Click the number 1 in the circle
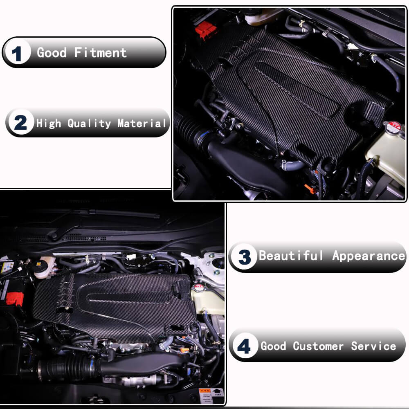tap(17, 53)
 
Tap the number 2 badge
tap(20, 123)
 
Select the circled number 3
tap(244, 257)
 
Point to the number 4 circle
tap(244, 346)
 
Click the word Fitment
tap(101, 53)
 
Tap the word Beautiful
tap(291, 256)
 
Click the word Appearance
tap(368, 256)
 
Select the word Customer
tap(318, 346)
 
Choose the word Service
tap(373, 346)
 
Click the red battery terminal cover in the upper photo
tap(205, 29)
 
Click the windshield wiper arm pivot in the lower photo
tap(54, 235)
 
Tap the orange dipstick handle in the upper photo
tap(310, 189)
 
